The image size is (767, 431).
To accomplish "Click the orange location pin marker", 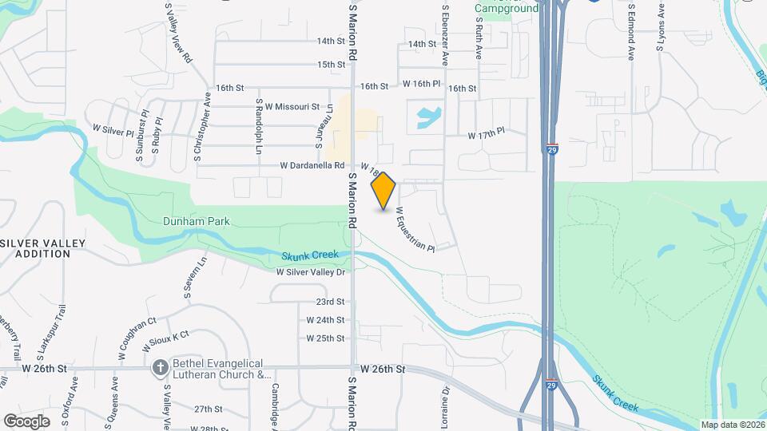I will point(383,190).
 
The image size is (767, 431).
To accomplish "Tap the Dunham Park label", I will point(195,221).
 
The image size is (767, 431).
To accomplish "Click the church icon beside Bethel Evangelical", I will point(160,367).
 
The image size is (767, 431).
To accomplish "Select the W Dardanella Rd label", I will point(312,165).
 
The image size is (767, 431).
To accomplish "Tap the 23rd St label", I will point(329,302).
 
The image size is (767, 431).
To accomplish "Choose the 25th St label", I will point(329,338).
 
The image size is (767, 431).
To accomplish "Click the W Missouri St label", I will point(292,106).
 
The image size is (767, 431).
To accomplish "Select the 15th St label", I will point(330,65).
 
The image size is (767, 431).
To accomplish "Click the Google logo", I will point(26,421).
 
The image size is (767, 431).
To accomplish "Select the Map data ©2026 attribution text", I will point(732,424).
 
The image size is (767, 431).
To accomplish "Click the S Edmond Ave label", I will point(631,32).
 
